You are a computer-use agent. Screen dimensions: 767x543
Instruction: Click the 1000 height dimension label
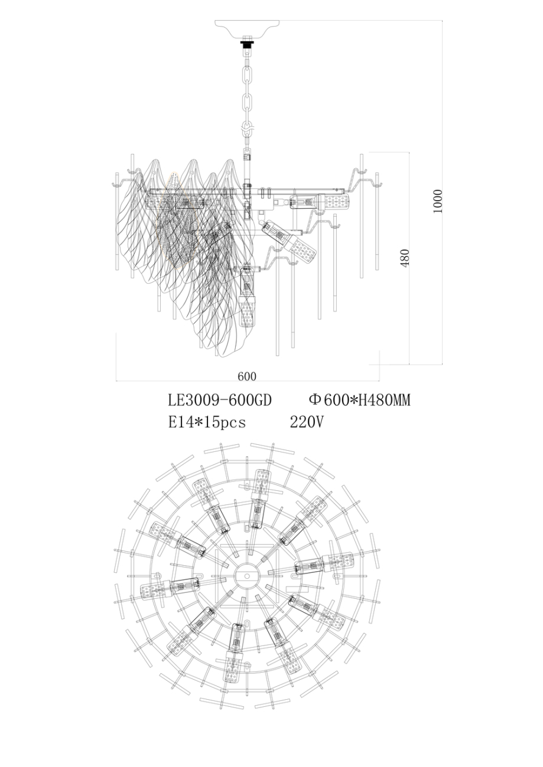pyautogui.click(x=437, y=202)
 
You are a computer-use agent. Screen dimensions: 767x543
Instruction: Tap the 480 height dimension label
pyautogui.click(x=404, y=258)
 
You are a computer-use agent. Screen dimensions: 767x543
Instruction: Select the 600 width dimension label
pyautogui.click(x=247, y=376)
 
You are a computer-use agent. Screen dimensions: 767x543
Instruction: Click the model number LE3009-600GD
pyautogui.click(x=220, y=401)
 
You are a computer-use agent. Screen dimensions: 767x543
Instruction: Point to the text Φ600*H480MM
pyautogui.click(x=359, y=401)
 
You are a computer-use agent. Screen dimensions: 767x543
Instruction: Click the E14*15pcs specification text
pyautogui.click(x=207, y=422)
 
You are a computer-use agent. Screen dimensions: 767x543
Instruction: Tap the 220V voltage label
pyautogui.click(x=306, y=422)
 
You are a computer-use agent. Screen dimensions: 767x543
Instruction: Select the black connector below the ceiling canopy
pyautogui.click(x=247, y=42)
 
